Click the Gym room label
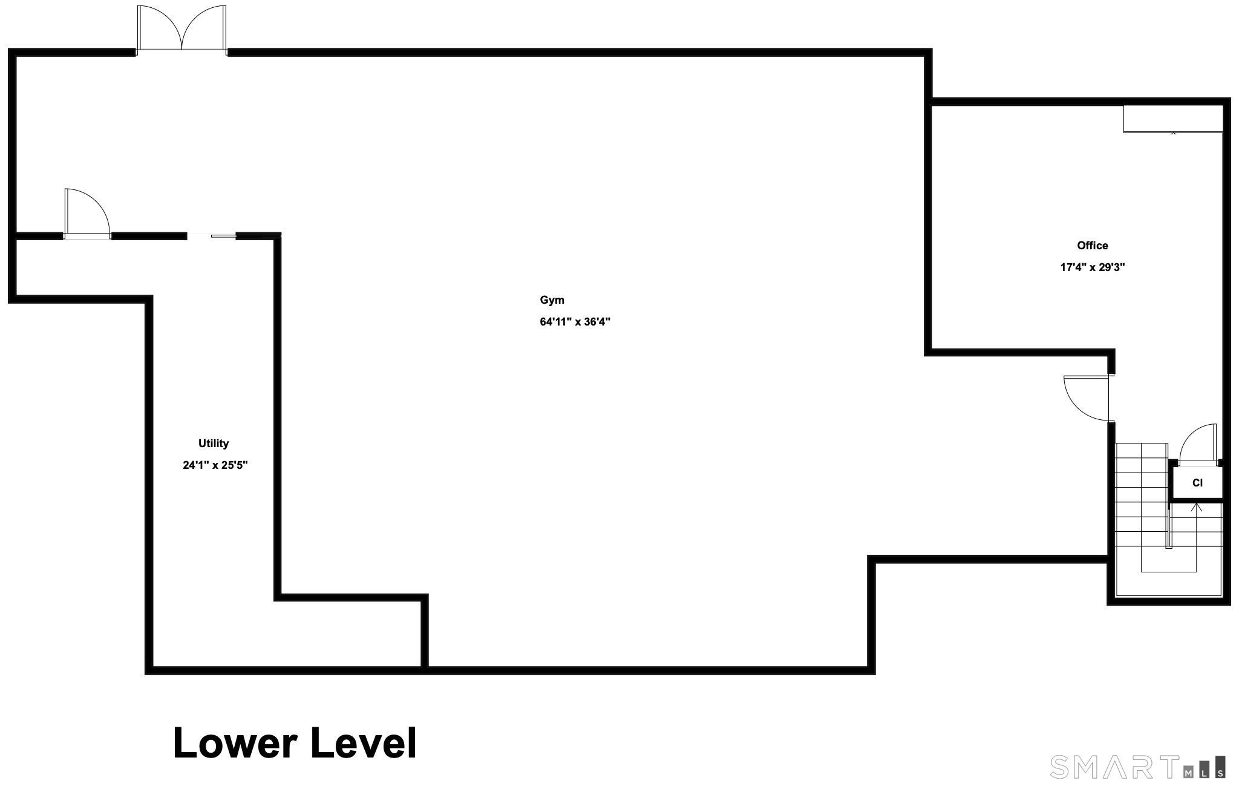[x=552, y=300]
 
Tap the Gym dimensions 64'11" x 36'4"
[x=575, y=322]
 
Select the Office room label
[x=1092, y=246]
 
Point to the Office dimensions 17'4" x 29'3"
[x=1092, y=267]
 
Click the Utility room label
[x=214, y=443]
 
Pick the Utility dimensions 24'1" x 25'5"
[x=215, y=465]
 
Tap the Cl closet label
[x=1197, y=483]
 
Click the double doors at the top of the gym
[x=182, y=30]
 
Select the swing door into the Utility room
[x=87, y=214]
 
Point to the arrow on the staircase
[x=1196, y=537]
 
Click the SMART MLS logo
[x=1138, y=767]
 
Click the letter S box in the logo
[x=1221, y=767]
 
